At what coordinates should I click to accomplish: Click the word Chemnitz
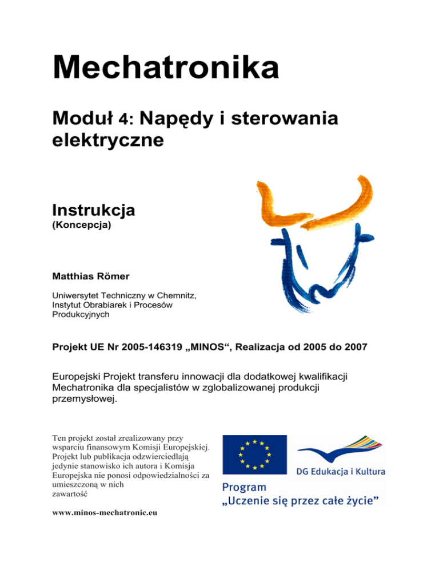pyautogui.click(x=173, y=295)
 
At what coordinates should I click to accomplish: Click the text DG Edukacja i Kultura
pyautogui.click(x=340, y=472)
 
